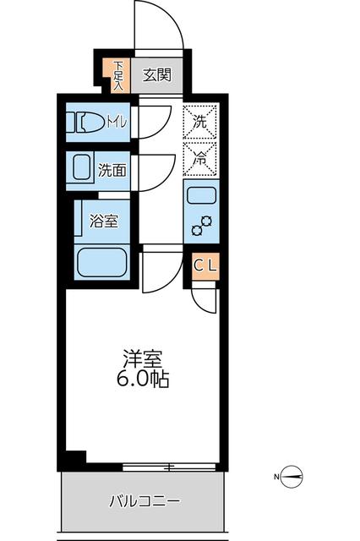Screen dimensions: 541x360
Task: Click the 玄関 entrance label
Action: [x=155, y=74]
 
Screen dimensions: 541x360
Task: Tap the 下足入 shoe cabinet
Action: [x=118, y=74]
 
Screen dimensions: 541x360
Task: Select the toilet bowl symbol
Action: [x=89, y=123]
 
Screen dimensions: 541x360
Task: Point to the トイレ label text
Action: [x=117, y=123]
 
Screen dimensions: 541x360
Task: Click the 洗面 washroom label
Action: [x=112, y=170]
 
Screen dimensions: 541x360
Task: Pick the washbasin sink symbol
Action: [x=83, y=168]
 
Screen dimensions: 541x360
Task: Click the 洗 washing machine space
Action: [x=200, y=121]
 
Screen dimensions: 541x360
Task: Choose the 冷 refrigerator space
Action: [x=200, y=156]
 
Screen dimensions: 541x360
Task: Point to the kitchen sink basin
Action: [x=201, y=196]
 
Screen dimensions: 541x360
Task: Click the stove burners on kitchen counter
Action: [x=201, y=227]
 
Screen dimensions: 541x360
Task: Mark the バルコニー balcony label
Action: [x=144, y=501]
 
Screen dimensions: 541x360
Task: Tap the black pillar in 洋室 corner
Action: [x=76, y=457]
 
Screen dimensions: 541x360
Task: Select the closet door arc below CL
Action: [x=204, y=298]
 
